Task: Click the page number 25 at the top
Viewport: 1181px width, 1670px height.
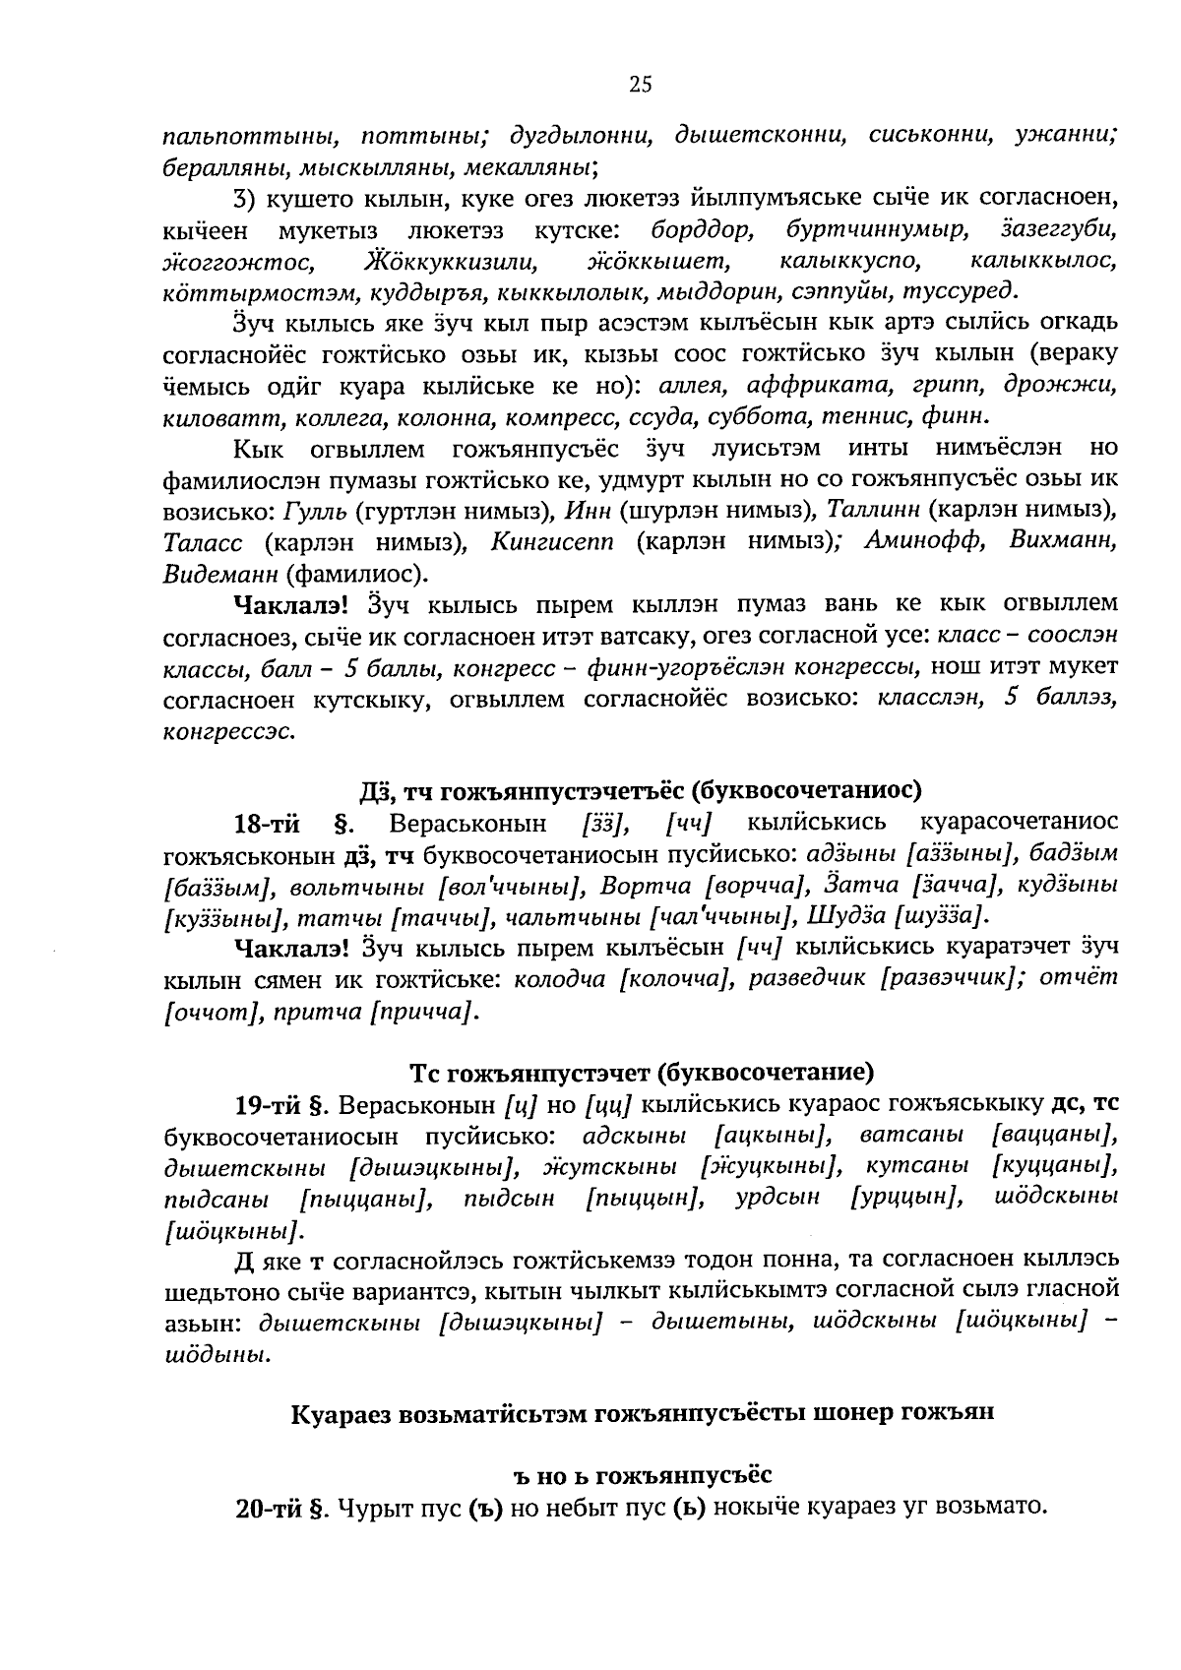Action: (640, 85)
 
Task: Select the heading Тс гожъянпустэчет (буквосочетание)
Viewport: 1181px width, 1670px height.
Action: (641, 1071)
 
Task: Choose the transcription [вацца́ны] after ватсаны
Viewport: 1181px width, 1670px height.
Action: (1055, 1135)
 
